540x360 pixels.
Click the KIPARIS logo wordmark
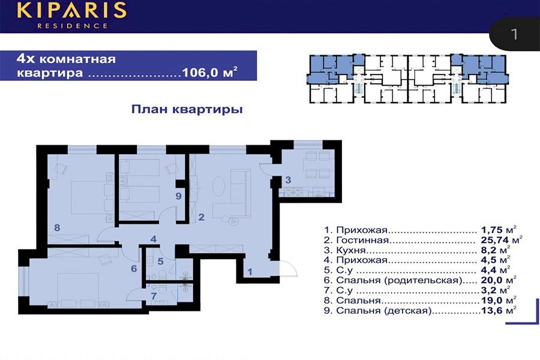point(71,10)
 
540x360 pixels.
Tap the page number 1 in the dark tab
point(514,34)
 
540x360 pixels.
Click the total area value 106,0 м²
point(209,73)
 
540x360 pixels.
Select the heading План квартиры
point(187,109)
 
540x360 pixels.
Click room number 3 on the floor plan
point(288,179)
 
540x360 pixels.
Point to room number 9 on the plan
point(178,196)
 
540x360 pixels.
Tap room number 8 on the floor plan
point(57,227)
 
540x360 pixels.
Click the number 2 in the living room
point(201,217)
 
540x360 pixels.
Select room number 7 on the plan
point(154,296)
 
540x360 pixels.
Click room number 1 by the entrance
point(250,272)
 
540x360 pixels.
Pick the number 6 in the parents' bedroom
point(134,268)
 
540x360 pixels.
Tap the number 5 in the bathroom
point(160,261)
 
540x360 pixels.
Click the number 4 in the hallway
point(154,239)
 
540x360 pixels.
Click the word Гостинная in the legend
point(362,240)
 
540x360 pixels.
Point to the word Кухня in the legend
point(350,250)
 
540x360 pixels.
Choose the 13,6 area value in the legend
point(492,310)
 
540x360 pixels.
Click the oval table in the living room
point(218,187)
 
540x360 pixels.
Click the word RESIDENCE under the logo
point(73,25)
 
